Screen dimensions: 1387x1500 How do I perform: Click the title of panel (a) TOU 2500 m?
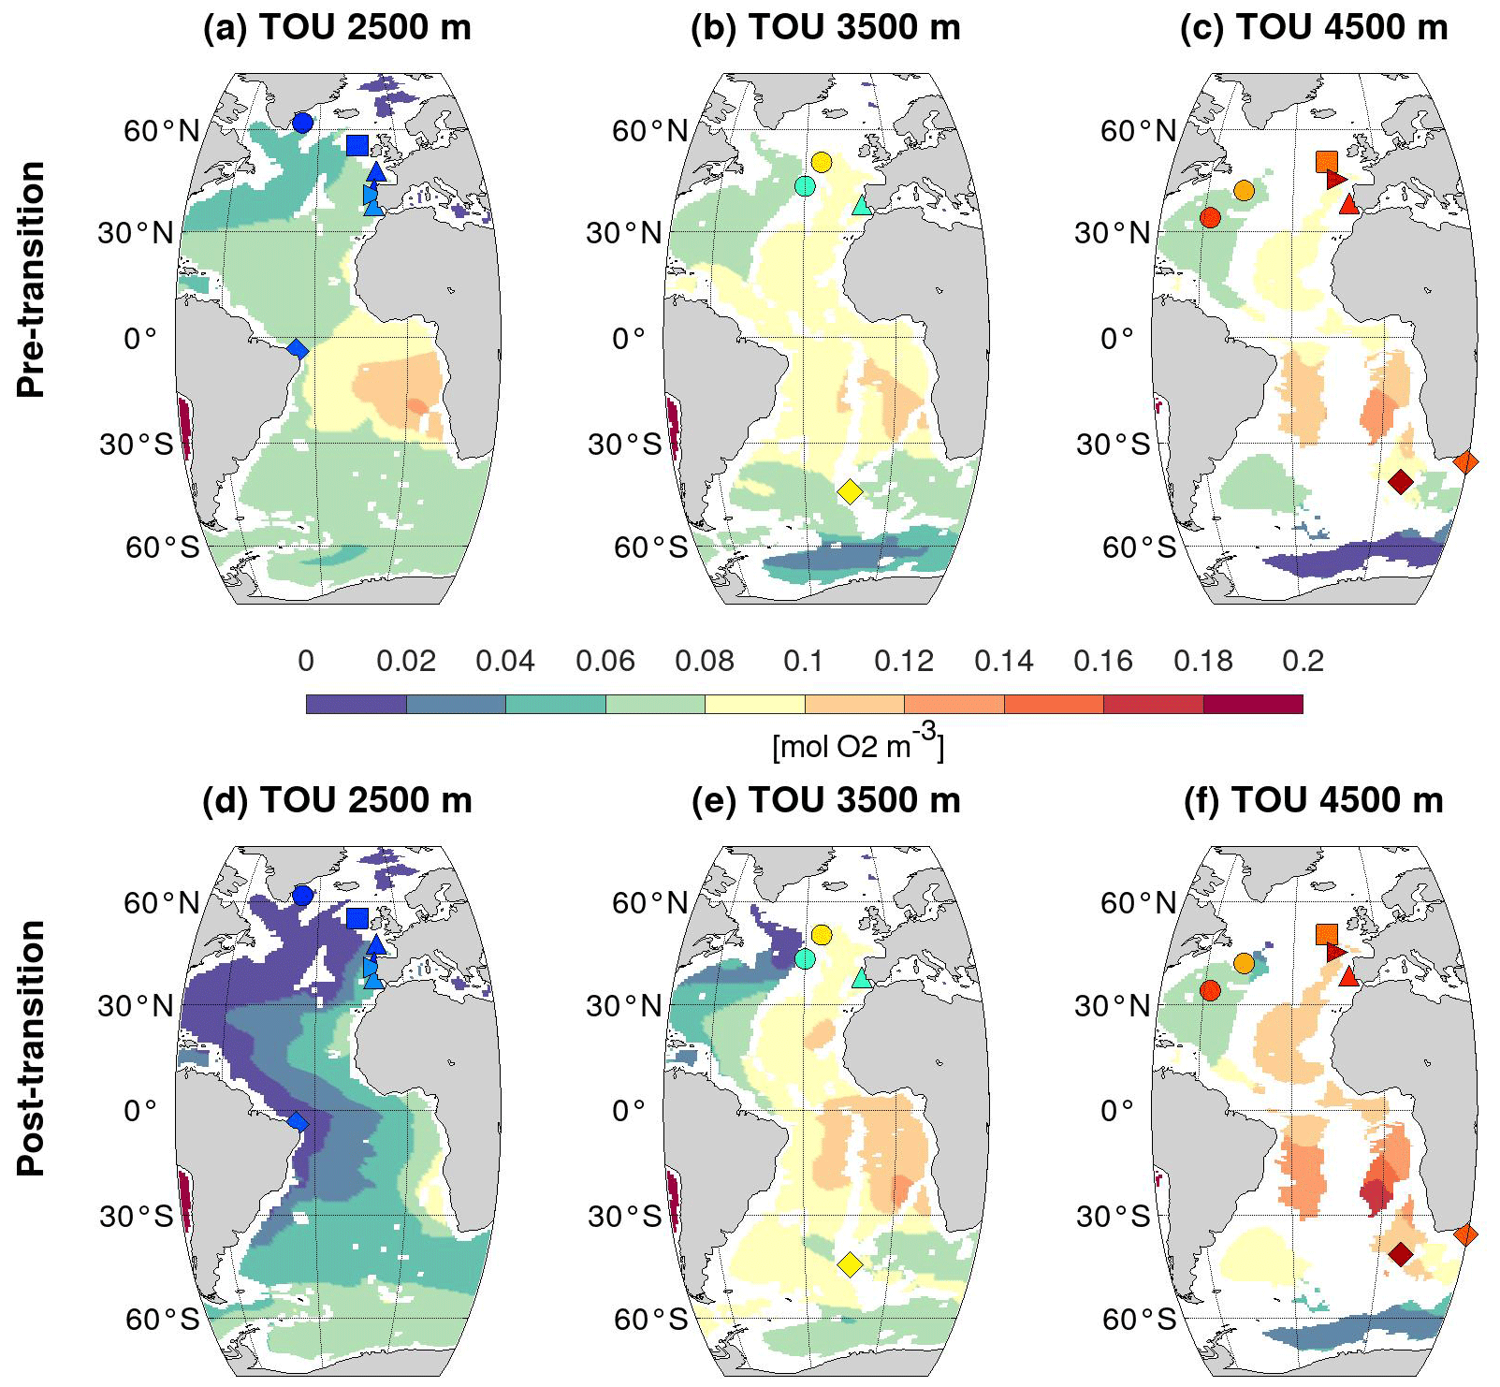(337, 27)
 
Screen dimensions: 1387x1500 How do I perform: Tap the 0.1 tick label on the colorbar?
(803, 661)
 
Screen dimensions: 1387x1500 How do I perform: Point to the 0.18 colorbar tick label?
(1202, 661)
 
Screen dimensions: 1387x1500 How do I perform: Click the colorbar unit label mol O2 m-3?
(858, 743)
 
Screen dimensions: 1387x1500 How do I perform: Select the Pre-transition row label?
(31, 279)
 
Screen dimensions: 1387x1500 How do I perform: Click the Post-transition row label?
(31, 1047)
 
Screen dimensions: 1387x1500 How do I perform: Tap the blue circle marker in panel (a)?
(302, 123)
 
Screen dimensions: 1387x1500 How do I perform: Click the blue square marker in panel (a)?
(357, 145)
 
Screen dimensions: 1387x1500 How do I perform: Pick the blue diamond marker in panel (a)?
(298, 349)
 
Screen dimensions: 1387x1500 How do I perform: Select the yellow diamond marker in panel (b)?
(850, 491)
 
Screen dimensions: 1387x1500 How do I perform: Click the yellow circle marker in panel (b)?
(822, 162)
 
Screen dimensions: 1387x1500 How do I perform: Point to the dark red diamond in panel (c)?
(1400, 482)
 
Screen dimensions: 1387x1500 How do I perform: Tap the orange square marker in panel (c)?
(1326, 161)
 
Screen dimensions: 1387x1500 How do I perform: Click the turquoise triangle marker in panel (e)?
(862, 979)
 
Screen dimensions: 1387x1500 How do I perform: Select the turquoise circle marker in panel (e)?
(805, 958)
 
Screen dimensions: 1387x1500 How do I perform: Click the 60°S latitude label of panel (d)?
(162, 1319)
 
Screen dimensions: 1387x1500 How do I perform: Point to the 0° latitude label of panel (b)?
(629, 338)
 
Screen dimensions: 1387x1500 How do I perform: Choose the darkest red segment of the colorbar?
(1252, 704)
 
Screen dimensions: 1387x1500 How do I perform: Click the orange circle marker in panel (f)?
(1244, 963)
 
